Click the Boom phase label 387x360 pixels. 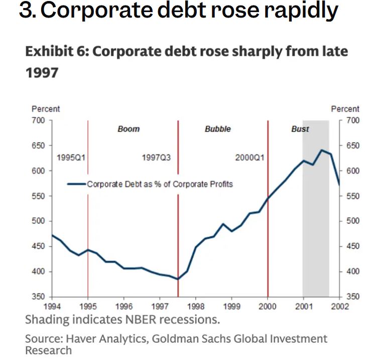[x=128, y=129]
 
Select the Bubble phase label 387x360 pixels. [x=218, y=129]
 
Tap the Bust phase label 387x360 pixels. [x=300, y=129]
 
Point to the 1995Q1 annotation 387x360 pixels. [x=71, y=157]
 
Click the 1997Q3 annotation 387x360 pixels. [x=157, y=157]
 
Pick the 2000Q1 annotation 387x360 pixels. [x=249, y=157]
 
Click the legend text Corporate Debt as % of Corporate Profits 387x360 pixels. [x=160, y=184]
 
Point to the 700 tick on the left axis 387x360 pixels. [x=39, y=120]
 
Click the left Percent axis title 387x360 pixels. [x=46, y=109]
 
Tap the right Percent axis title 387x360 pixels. [x=345, y=109]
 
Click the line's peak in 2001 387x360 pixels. [x=321, y=150]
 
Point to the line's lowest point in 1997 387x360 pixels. [x=178, y=279]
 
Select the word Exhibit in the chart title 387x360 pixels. [x=46, y=52]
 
